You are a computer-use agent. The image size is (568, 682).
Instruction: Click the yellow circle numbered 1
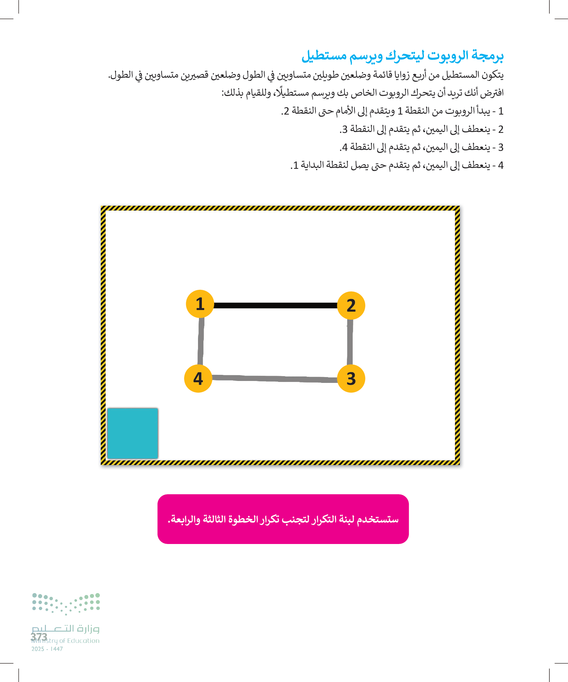click(200, 304)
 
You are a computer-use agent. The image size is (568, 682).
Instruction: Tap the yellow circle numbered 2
click(351, 305)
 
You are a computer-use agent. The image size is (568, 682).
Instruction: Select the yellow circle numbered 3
click(351, 378)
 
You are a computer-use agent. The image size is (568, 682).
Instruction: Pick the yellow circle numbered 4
click(198, 378)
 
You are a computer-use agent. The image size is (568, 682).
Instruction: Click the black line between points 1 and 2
click(275, 305)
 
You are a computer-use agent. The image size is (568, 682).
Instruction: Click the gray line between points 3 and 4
click(274, 379)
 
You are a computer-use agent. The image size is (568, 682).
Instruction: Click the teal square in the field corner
click(133, 433)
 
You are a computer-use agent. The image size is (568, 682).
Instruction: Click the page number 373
click(39, 637)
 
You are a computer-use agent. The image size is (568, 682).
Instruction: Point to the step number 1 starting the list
click(501, 111)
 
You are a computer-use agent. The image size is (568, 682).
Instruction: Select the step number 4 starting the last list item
click(501, 165)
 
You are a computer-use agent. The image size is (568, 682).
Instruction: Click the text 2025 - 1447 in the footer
click(47, 649)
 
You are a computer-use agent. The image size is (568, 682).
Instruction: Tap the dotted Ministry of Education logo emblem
click(66, 603)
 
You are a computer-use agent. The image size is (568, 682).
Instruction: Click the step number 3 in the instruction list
click(501, 147)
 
